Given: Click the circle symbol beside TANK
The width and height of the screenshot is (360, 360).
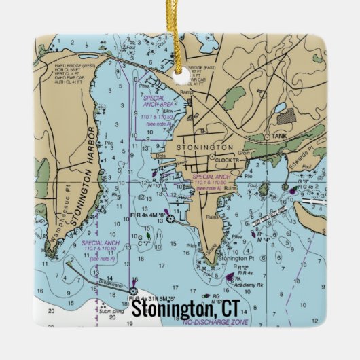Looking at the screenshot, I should tap(267, 136).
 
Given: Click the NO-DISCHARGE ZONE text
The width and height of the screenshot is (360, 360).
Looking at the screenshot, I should tap(216, 322).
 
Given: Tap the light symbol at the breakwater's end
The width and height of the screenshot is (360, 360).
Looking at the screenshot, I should tap(134, 291).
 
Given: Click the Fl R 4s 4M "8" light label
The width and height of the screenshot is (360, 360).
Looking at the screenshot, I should tap(147, 214).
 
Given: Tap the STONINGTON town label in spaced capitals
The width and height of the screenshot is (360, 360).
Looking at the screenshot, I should tap(204, 147).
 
